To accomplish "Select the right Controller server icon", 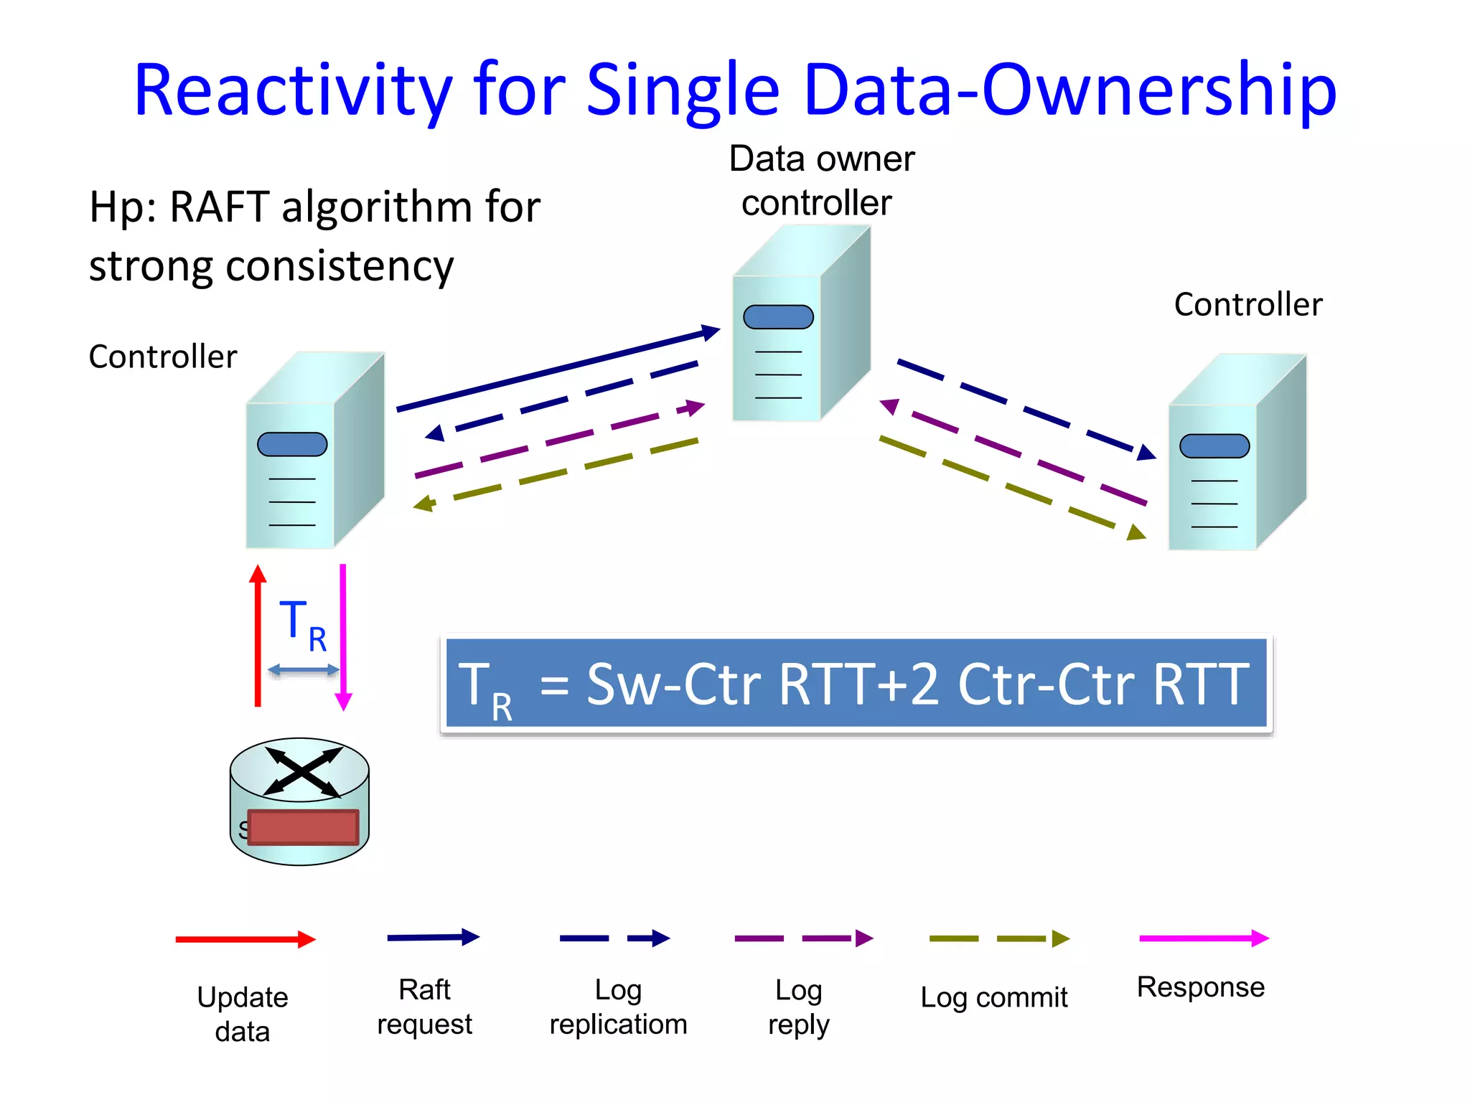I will pyautogui.click(x=1236, y=452).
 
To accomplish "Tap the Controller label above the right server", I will pyautogui.click(x=1247, y=304).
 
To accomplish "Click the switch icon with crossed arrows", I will pyautogui.click(x=301, y=771).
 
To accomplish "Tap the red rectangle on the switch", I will pyautogui.click(x=303, y=827).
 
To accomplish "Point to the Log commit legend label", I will pyautogui.click(x=993, y=997).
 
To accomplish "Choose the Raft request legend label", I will pyautogui.click(x=424, y=1007).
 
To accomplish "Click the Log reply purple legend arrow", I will pyautogui.click(x=802, y=938).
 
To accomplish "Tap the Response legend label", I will pyautogui.click(x=1200, y=987).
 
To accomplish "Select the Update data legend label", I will pyautogui.click(x=243, y=1014).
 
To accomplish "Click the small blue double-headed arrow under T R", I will pyautogui.click(x=303, y=670).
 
